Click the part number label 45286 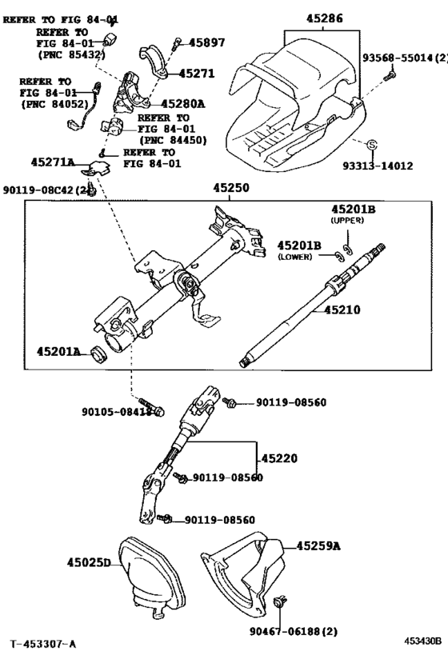pos(323,16)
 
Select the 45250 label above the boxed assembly pos(230,188)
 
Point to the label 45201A pos(58,351)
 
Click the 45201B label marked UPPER pos(354,210)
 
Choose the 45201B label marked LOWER pos(299,245)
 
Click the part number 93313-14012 pos(378,166)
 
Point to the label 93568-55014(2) pos(404,58)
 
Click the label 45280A pos(182,103)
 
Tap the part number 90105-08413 pos(116,413)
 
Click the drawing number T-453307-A pos(44,643)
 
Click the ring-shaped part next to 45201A pos(98,353)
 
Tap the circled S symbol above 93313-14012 pos(372,145)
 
